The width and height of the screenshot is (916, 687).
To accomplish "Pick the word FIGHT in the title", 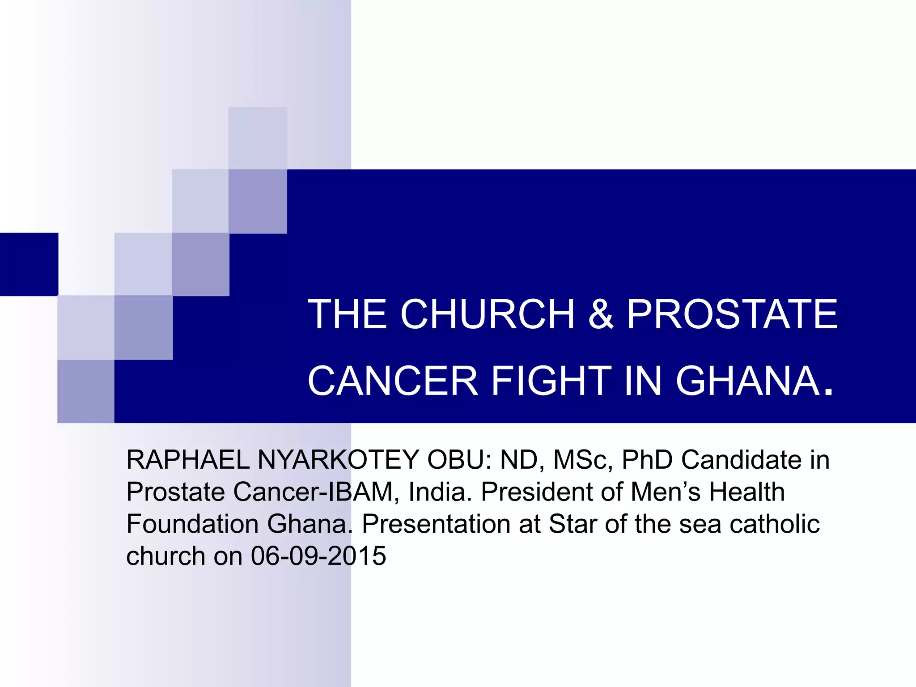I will [551, 381].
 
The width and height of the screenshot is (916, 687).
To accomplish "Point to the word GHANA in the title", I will [748, 381].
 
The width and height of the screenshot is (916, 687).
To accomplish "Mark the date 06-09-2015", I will [318, 556].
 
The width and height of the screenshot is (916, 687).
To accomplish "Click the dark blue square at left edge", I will [29, 264].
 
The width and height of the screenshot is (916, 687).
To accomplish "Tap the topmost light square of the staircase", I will [258, 138].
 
